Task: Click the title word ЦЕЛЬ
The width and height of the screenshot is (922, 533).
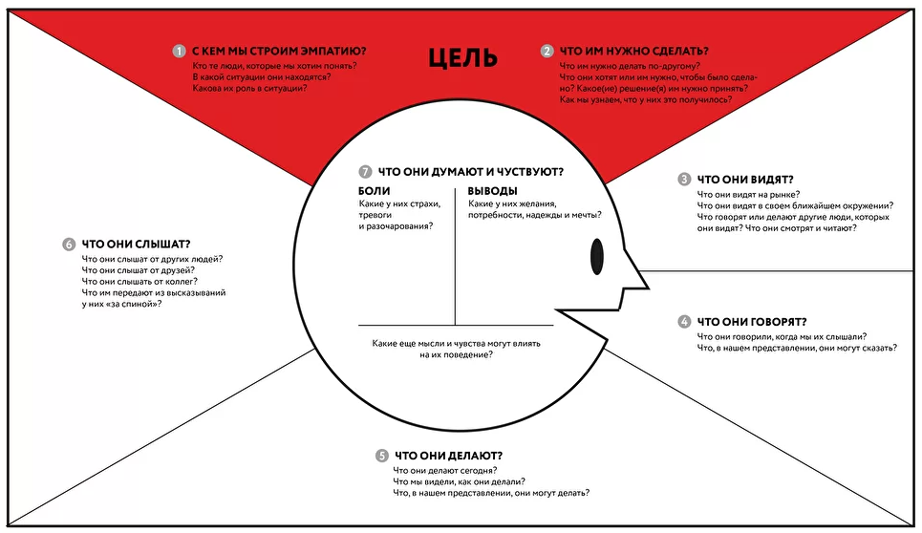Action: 462,57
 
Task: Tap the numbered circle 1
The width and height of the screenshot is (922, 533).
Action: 179,51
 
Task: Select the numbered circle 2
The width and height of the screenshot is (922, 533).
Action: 547,51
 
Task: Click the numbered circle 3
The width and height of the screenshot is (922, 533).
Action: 684,179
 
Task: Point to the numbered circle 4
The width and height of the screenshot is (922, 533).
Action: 684,322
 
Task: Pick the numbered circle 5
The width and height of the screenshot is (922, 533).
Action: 382,456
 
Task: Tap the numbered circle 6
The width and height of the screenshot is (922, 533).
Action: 69,244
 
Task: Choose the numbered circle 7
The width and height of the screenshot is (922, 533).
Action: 365,172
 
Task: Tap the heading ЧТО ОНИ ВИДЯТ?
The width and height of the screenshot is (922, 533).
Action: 746,179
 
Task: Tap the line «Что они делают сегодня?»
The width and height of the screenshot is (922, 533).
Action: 443,471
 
